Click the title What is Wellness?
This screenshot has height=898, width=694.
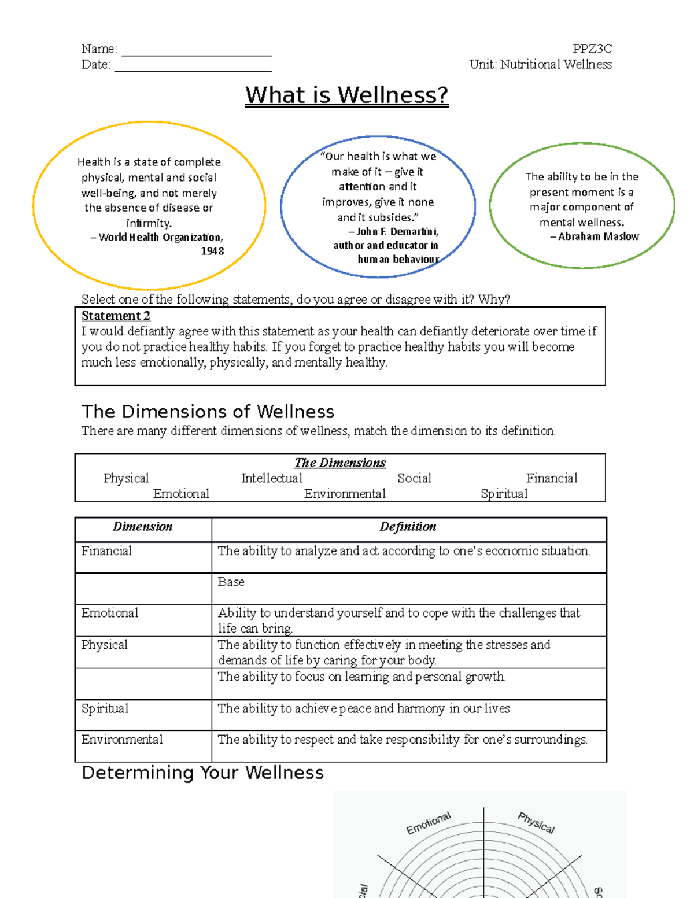tap(346, 95)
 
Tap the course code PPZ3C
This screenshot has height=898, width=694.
tap(592, 49)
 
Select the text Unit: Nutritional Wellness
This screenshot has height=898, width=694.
tap(540, 64)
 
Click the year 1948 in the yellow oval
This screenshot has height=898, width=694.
tap(212, 251)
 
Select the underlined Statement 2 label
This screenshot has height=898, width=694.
tap(116, 316)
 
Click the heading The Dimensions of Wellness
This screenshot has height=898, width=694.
tap(208, 412)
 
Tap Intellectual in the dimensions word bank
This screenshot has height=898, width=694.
tap(271, 478)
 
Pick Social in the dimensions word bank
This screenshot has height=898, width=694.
tap(414, 478)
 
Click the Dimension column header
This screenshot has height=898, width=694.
tap(142, 527)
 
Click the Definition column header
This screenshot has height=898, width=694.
tap(408, 527)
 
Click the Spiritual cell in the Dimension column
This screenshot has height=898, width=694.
tap(105, 709)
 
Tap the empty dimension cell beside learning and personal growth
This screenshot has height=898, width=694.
tap(143, 684)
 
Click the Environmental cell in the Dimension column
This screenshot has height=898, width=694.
tap(122, 740)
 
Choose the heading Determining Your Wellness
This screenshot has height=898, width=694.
tap(202, 773)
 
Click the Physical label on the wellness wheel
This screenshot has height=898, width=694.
tap(536, 823)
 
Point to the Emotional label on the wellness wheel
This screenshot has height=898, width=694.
tap(428, 823)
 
